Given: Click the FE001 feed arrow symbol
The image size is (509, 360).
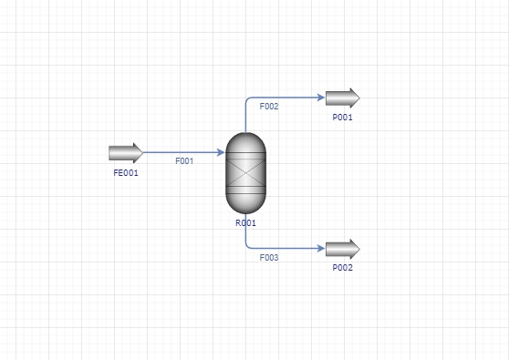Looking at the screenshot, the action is click(126, 153).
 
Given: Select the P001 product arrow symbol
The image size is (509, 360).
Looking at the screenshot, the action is click(343, 98).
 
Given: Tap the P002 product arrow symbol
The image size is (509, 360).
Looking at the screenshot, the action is click(343, 249).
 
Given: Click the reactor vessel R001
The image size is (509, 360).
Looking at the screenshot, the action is click(245, 173).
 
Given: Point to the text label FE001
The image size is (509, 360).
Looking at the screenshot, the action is click(126, 173).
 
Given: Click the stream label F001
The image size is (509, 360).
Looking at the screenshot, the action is click(184, 161).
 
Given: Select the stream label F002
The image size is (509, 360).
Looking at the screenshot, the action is click(269, 107).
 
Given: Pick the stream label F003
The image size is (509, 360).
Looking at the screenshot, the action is click(269, 258).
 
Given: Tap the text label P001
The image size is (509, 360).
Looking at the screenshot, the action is click(342, 118).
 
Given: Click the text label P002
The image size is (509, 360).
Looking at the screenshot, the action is click(342, 268).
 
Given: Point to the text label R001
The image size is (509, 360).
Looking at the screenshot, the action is click(245, 223).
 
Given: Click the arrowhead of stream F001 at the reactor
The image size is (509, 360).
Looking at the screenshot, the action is click(221, 152).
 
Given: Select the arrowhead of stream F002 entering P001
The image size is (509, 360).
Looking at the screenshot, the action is click(321, 98).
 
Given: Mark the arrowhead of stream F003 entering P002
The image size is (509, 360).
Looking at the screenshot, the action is click(321, 249).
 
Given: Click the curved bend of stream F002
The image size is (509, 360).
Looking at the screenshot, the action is click(247, 99).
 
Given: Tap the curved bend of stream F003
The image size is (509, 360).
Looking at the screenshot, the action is click(247, 247).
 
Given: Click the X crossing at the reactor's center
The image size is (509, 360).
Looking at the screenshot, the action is click(245, 173).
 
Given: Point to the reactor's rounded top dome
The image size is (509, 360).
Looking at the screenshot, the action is click(245, 142).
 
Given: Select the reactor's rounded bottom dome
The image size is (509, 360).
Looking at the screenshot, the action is click(245, 203).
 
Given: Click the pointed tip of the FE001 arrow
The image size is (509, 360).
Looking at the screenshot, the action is click(143, 153).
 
